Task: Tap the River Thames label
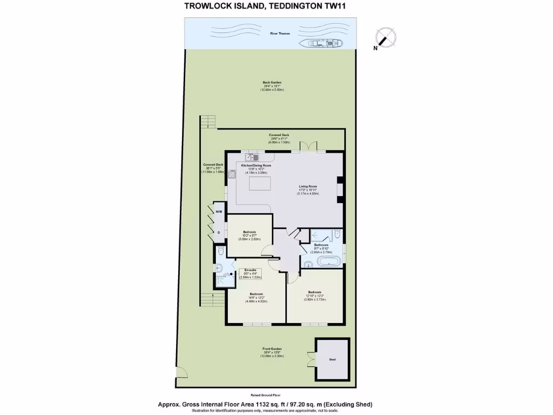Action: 280,34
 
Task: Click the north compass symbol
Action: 383,38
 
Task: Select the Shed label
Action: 332,359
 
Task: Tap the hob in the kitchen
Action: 232,174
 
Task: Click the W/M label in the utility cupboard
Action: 219,212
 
